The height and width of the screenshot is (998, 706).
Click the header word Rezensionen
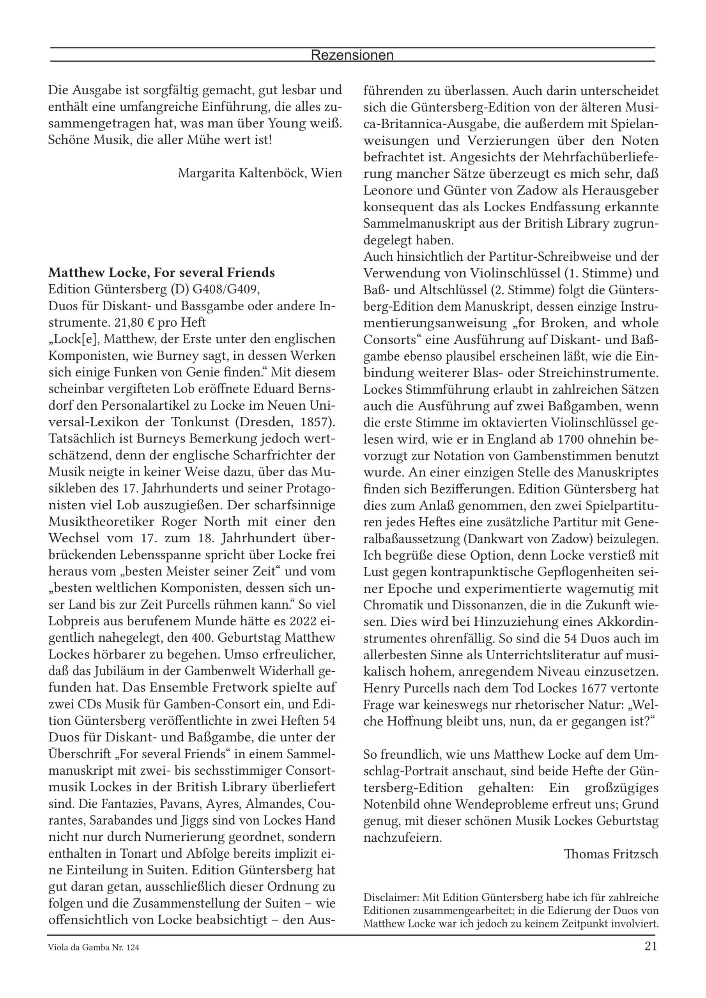coord(352,55)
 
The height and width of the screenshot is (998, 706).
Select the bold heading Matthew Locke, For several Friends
coord(161,273)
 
